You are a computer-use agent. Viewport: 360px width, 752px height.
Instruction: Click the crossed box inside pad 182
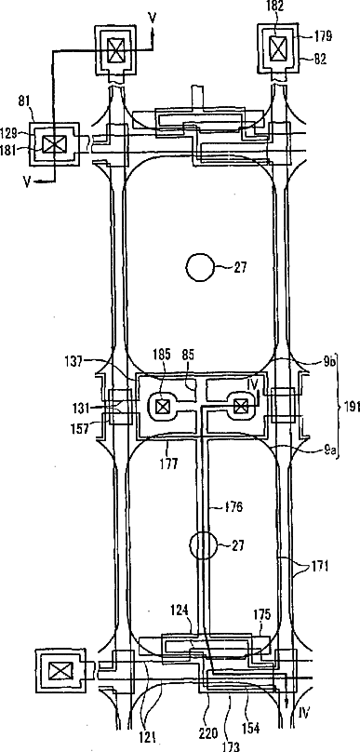(277, 48)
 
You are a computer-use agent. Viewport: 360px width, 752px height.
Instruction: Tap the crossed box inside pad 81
(51, 144)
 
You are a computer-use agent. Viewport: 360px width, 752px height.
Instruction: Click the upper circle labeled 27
(200, 267)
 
